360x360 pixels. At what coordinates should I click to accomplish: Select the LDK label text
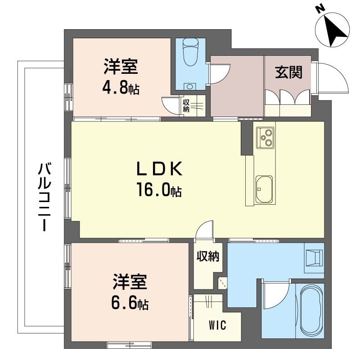159,170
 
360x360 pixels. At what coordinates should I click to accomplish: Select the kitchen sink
264,189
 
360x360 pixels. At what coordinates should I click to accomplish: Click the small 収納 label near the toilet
186,106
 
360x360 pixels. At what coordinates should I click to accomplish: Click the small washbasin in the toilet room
189,85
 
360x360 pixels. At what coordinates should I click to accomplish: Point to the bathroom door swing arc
275,292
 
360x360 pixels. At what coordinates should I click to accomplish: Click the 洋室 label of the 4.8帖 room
120,67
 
